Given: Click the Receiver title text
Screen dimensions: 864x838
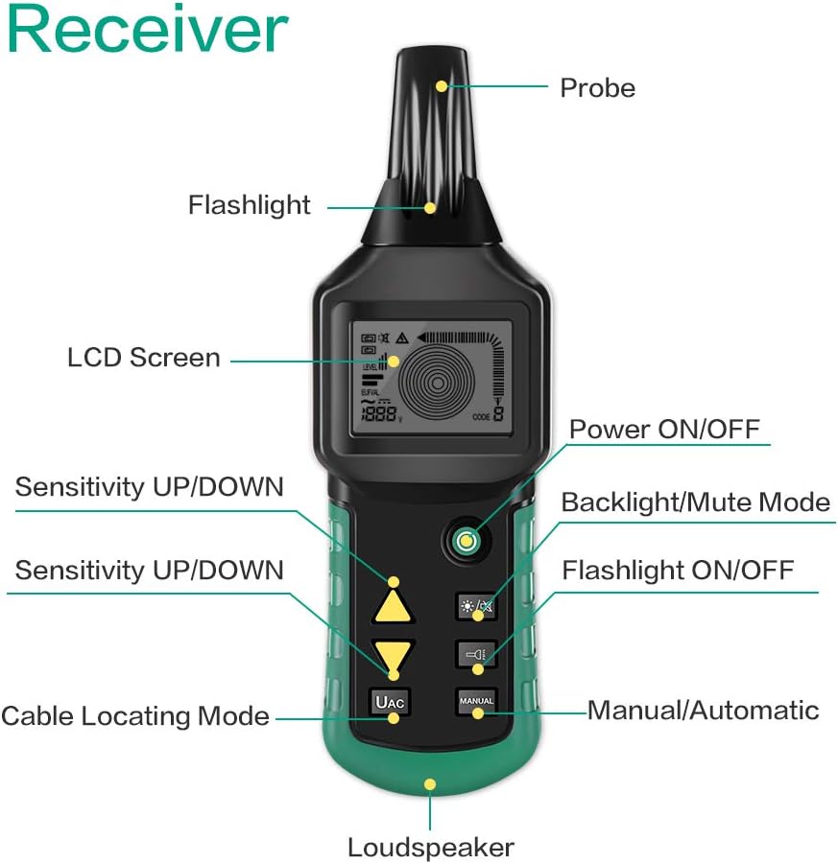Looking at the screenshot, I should (146, 30).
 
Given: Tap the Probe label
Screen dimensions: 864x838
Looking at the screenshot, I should (597, 88).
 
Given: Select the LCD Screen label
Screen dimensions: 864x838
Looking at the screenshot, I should (144, 358).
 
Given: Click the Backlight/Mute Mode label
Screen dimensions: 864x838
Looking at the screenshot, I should (695, 502).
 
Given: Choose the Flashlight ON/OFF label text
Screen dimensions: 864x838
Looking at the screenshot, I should (678, 571).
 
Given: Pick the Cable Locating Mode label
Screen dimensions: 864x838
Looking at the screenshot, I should (135, 715).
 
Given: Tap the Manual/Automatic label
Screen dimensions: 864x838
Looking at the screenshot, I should (703, 711).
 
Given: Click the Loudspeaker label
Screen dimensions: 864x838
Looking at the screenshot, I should (430, 848).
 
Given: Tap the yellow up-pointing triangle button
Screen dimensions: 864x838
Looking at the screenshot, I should (394, 607).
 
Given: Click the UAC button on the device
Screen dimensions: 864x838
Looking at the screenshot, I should (392, 702).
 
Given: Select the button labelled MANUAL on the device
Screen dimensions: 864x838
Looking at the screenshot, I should (476, 701).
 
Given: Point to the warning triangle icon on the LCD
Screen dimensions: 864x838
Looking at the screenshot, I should (402, 338).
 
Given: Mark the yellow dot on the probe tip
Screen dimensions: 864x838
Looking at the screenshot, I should (442, 86).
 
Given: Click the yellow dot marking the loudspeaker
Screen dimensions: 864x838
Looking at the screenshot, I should (430, 784).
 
